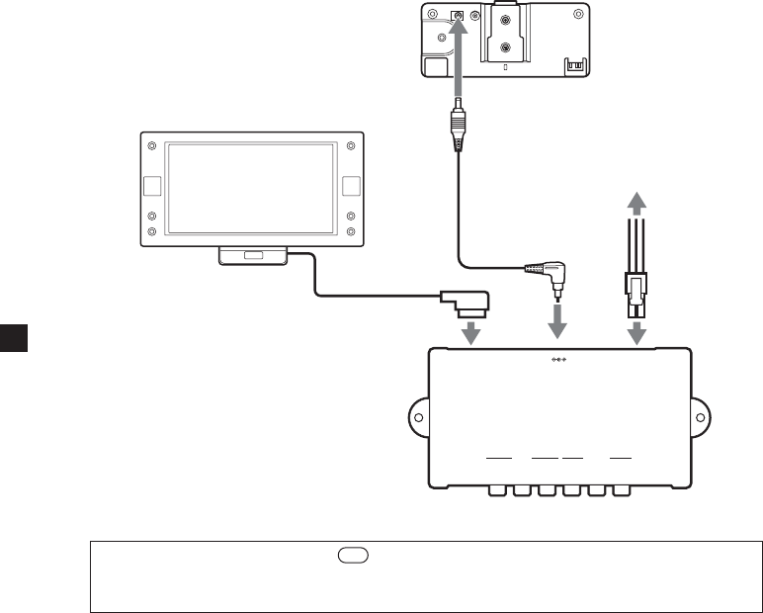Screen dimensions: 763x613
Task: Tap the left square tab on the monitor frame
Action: pyautogui.click(x=151, y=186)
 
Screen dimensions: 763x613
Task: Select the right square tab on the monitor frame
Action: pyautogui.click(x=350, y=186)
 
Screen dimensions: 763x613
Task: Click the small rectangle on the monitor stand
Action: pyautogui.click(x=254, y=256)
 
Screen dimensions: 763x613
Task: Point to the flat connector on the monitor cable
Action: pyautogui.click(x=466, y=299)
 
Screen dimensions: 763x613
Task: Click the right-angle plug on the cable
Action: pyautogui.click(x=548, y=271)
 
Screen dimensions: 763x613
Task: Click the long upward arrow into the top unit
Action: pyautogui.click(x=457, y=59)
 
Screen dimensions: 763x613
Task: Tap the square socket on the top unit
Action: pyautogui.click(x=457, y=17)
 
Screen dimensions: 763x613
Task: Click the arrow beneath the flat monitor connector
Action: pyautogui.click(x=472, y=332)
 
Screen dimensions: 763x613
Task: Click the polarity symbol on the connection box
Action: pyautogui.click(x=560, y=360)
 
